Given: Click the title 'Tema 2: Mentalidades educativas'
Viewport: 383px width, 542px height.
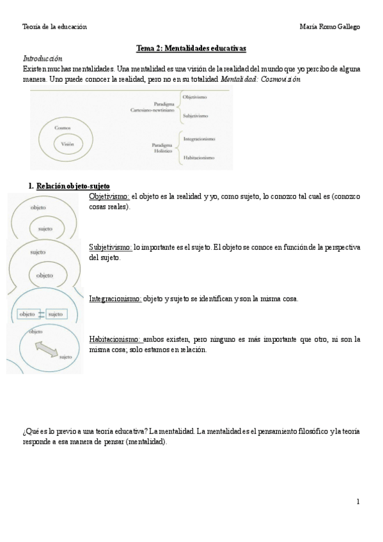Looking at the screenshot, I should (x=191, y=48).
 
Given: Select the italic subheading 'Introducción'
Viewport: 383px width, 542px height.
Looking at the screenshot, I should (x=42, y=58).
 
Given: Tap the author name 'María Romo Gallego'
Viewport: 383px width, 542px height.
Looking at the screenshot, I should (x=329, y=26).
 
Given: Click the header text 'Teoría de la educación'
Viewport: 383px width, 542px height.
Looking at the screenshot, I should (x=54, y=26).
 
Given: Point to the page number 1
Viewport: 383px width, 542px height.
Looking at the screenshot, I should (x=358, y=502).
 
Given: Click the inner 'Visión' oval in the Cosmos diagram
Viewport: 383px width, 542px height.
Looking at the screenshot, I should (x=67, y=144).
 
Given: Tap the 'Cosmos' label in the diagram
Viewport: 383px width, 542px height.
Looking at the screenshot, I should (x=62, y=128).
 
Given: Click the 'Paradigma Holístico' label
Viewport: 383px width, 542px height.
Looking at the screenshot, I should (x=162, y=148).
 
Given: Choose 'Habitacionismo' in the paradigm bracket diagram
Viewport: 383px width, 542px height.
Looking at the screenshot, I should (x=199, y=158).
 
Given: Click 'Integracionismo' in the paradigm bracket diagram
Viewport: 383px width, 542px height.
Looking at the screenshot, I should (x=199, y=139).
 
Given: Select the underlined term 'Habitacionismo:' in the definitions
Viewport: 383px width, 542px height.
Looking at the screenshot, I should (x=114, y=339).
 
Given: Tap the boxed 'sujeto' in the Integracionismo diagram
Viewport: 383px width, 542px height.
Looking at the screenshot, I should (x=56, y=314).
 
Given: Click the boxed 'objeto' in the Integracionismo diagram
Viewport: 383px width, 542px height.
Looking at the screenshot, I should (x=27, y=314).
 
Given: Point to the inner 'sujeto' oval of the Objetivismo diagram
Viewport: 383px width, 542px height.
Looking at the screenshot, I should (x=45, y=227).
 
